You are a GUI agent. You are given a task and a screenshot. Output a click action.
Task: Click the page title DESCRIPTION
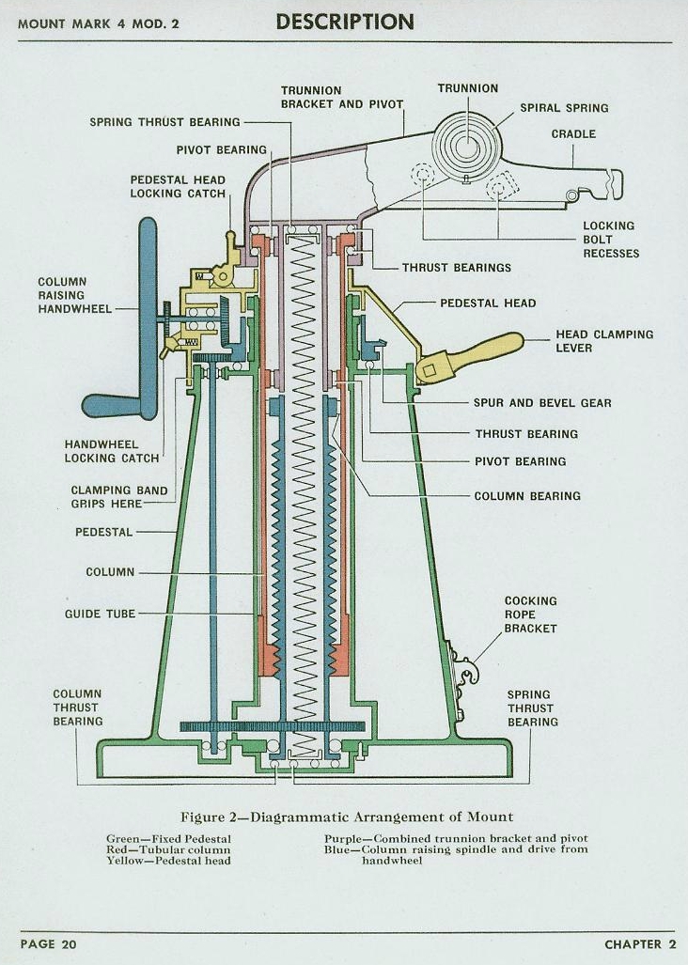click(344, 22)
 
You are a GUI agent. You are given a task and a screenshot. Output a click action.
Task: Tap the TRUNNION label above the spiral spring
click(467, 88)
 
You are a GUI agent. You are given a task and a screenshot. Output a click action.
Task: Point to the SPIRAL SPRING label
click(564, 108)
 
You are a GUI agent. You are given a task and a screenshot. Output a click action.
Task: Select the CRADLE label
click(573, 134)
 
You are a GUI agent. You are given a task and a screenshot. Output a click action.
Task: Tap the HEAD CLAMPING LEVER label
click(603, 341)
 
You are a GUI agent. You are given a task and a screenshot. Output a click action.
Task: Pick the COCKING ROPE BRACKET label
click(530, 615)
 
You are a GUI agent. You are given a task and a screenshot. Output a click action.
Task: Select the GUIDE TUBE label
click(100, 614)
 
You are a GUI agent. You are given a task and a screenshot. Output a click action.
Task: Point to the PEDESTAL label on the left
click(103, 532)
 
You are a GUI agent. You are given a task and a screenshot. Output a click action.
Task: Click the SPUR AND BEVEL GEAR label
click(541, 403)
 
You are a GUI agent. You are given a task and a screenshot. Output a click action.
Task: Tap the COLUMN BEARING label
click(526, 496)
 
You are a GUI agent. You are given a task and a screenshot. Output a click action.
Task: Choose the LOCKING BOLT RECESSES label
click(610, 240)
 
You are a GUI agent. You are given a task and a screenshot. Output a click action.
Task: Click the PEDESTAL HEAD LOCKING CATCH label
click(178, 186)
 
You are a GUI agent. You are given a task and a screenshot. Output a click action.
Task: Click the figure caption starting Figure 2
click(347, 817)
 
